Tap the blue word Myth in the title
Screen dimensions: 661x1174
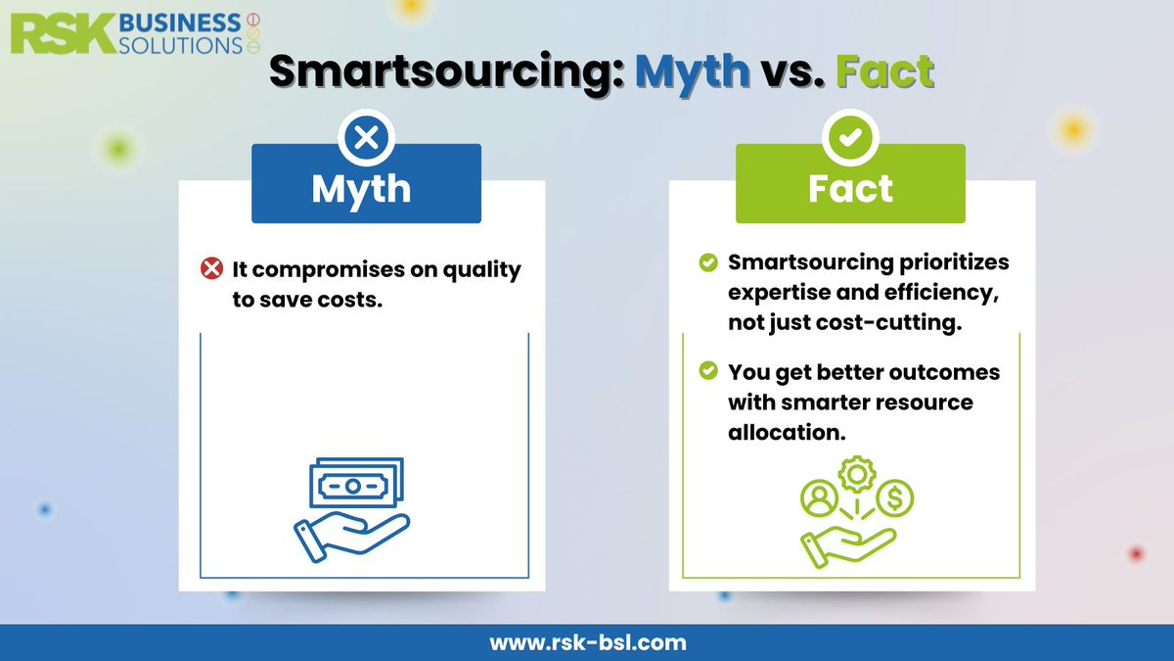[x=692, y=72]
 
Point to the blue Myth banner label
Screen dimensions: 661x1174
[x=366, y=189]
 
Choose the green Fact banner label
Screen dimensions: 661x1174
[x=850, y=189]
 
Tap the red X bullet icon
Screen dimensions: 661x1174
[x=211, y=268]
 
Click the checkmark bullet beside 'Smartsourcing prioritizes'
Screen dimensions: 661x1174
[x=707, y=263]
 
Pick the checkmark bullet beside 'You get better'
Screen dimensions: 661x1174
[x=707, y=372]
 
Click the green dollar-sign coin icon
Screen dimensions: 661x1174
[x=894, y=499]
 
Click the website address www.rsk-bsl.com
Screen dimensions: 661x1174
[x=587, y=642]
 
